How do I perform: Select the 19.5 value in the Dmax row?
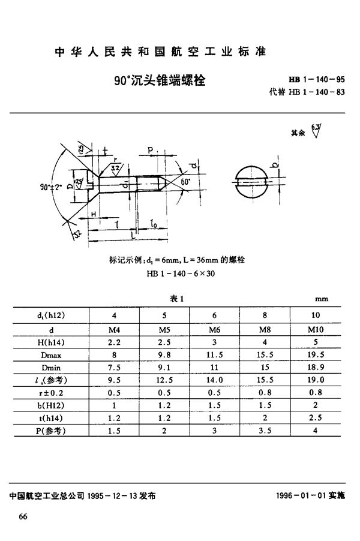coord(316,354)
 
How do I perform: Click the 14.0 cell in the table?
coord(214,380)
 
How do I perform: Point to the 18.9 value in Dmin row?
coord(316,367)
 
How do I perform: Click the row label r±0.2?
coord(51,393)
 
